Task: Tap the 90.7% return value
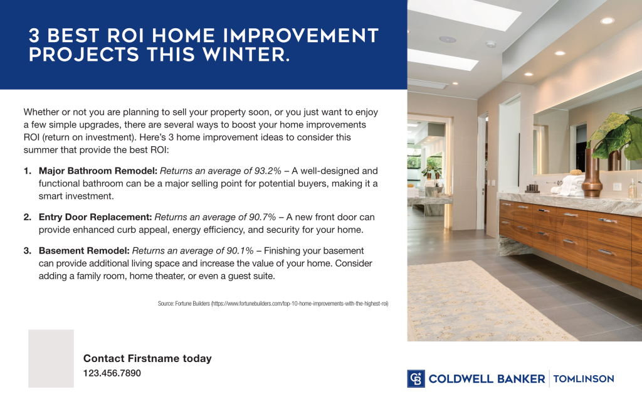(258, 217)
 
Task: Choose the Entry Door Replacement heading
(95, 217)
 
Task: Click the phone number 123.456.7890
(112, 373)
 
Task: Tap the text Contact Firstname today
(147, 359)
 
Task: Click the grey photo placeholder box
(51, 358)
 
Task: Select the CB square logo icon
(416, 378)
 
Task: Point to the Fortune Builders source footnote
(273, 304)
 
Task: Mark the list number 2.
(28, 217)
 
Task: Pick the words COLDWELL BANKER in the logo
(487, 378)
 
